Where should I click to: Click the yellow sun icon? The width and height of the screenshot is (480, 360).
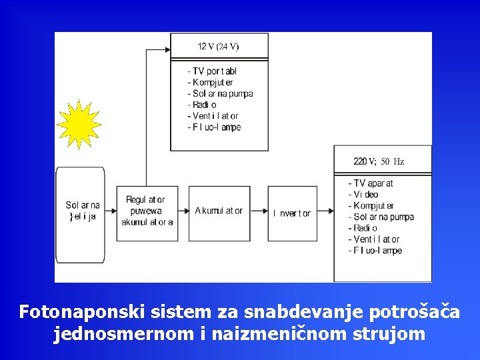(79, 125)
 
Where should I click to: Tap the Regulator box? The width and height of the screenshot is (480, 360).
(147, 211)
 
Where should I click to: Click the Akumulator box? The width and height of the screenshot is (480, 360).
(219, 211)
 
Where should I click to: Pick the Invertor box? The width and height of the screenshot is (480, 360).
(292, 213)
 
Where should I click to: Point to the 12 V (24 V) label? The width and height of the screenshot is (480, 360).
(219, 47)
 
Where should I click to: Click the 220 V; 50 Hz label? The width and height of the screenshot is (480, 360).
(379, 161)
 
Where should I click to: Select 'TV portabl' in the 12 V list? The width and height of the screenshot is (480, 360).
(213, 71)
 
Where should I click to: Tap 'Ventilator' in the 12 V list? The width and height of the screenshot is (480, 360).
(213, 116)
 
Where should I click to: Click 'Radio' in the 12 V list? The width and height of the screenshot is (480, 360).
(203, 105)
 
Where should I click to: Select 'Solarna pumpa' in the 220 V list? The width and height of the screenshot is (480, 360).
(381, 217)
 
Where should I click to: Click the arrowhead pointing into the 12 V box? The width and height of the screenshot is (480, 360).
(167, 49)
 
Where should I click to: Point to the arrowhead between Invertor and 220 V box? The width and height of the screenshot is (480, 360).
(329, 211)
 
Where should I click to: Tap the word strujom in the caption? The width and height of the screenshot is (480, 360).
(391, 334)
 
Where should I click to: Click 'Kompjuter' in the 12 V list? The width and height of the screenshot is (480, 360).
(212, 83)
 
